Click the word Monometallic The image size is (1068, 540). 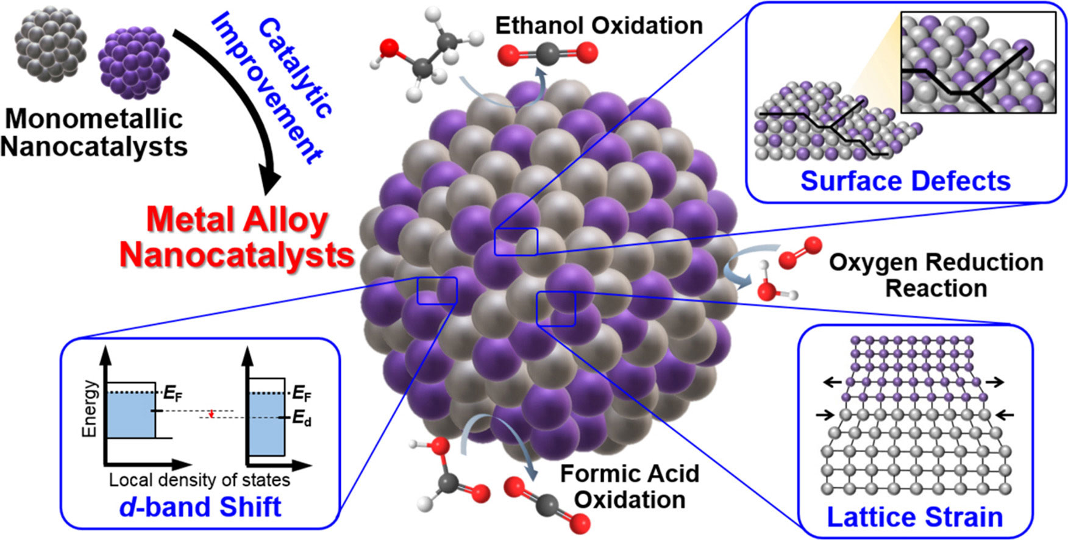click(94, 119)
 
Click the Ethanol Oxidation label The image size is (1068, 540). click(599, 26)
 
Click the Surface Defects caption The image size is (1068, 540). click(905, 181)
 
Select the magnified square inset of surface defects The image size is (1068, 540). click(978, 64)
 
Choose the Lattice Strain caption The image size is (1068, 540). click(914, 517)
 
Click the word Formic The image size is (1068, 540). click(594, 474)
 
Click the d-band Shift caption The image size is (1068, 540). click(201, 507)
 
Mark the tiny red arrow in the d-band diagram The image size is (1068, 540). click(211, 414)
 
